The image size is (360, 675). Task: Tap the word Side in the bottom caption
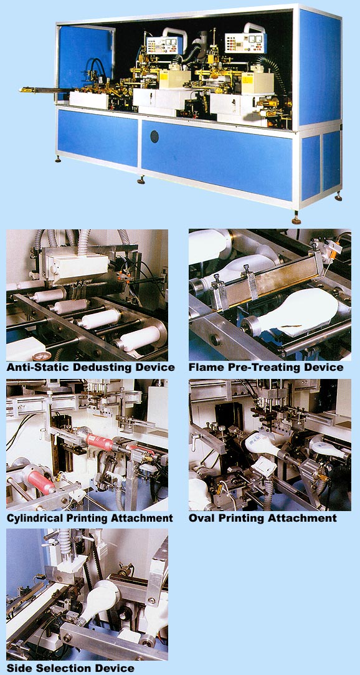pyautogui.click(x=17, y=668)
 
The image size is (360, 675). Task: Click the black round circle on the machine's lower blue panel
pyautogui.click(x=154, y=136)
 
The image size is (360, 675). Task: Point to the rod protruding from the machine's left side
pyautogui.click(x=41, y=90)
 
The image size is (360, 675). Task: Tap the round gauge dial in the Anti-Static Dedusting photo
pyautogui.click(x=42, y=356)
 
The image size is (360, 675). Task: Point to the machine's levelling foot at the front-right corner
pyautogui.click(x=296, y=219)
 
